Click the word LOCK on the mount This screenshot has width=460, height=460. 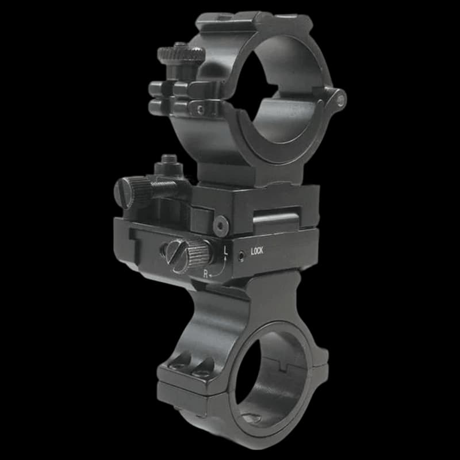tap(257, 251)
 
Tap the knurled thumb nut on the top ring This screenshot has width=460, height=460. tap(181, 55)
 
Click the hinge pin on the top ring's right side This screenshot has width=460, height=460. tap(340, 101)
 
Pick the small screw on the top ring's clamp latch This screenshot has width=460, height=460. tap(200, 108)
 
